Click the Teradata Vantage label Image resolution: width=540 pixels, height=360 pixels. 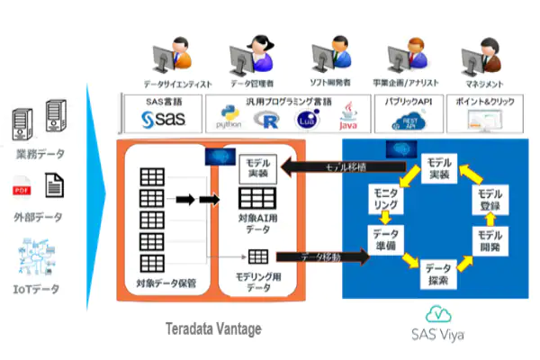(212, 329)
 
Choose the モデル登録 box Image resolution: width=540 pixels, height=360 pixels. (490, 200)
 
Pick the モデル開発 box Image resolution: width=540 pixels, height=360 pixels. (490, 239)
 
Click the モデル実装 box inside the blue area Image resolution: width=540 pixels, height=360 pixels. (439, 168)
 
